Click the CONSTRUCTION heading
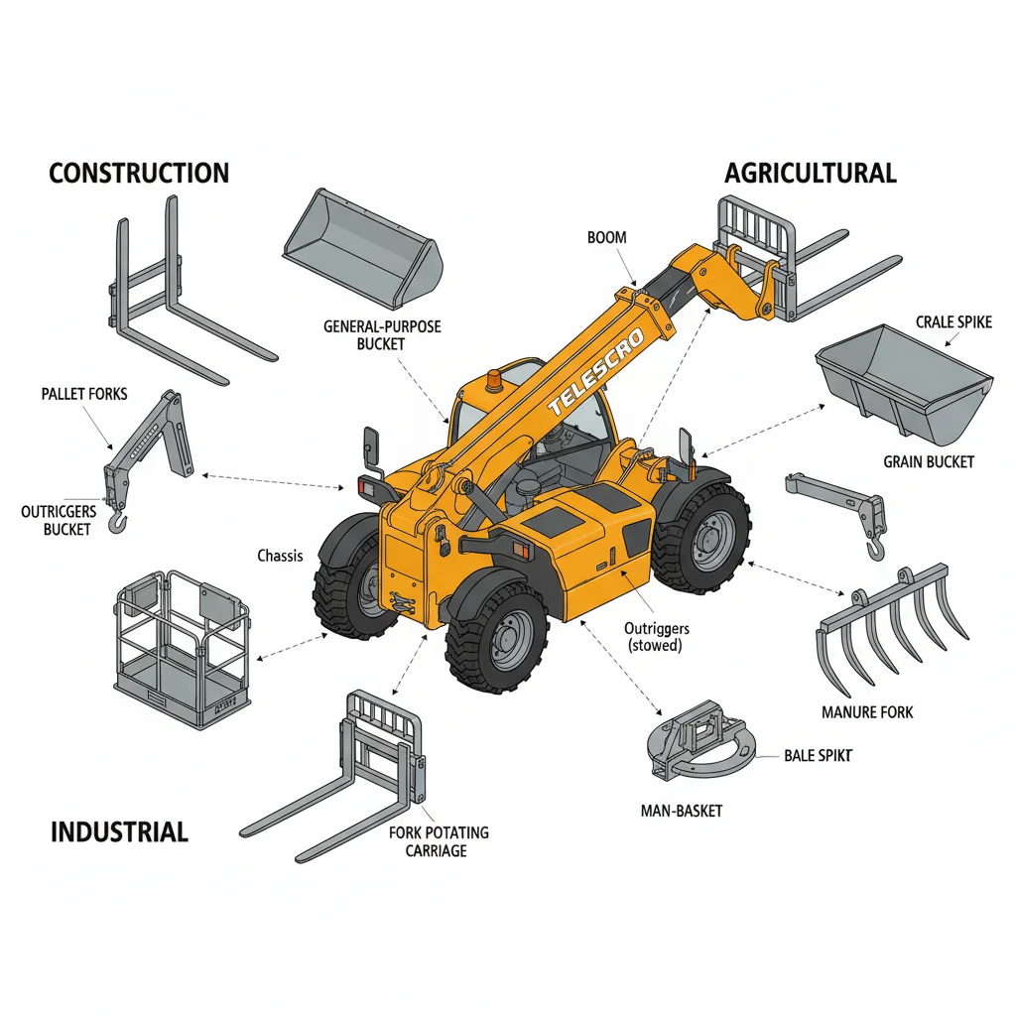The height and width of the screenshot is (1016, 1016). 139,173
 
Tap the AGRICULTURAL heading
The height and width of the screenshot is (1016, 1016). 810,173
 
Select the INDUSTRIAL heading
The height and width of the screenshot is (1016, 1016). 120,832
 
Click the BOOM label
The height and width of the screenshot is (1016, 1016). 607,238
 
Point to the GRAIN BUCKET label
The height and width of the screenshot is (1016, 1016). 929,462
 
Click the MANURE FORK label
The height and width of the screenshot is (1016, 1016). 867,712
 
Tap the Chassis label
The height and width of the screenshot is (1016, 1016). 280,556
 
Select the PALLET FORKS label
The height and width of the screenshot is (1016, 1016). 84,394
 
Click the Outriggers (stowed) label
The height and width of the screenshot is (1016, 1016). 657,637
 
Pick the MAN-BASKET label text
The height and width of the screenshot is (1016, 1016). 681,812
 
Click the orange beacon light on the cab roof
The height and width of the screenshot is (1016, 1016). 494,381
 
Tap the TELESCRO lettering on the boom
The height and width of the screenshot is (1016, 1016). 596,372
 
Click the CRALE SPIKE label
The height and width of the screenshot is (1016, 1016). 953,322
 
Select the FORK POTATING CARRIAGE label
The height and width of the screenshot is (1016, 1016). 438,841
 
